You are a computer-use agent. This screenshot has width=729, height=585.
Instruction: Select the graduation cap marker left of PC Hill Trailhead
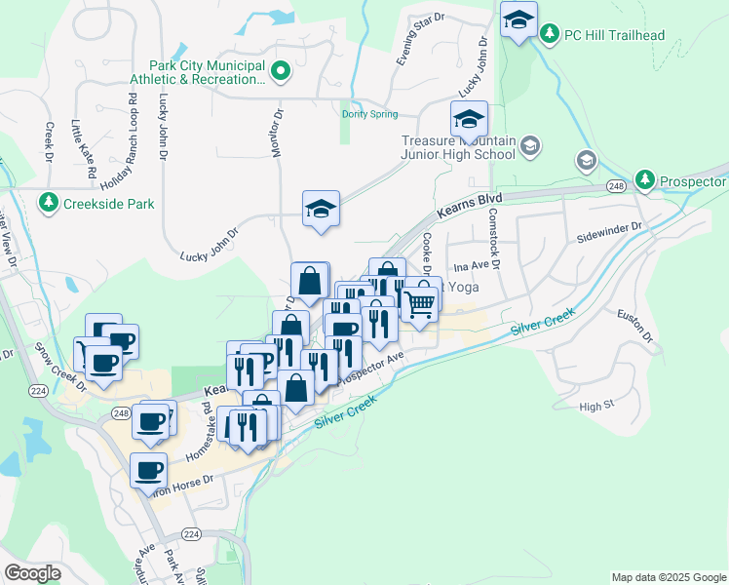click(518, 19)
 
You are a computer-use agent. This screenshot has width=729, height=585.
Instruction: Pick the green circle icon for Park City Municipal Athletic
click(281, 70)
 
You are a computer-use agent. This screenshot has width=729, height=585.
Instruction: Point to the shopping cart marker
click(419, 304)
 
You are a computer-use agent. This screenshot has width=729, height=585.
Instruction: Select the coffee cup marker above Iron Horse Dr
click(148, 470)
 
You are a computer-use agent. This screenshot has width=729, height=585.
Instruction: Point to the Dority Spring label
click(369, 114)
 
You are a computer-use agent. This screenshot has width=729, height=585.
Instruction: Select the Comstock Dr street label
click(494, 239)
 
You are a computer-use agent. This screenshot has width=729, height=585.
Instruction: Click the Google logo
click(32, 573)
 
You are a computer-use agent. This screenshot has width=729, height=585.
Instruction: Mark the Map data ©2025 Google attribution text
click(668, 577)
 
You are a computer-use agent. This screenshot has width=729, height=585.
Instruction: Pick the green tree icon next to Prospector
click(644, 180)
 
